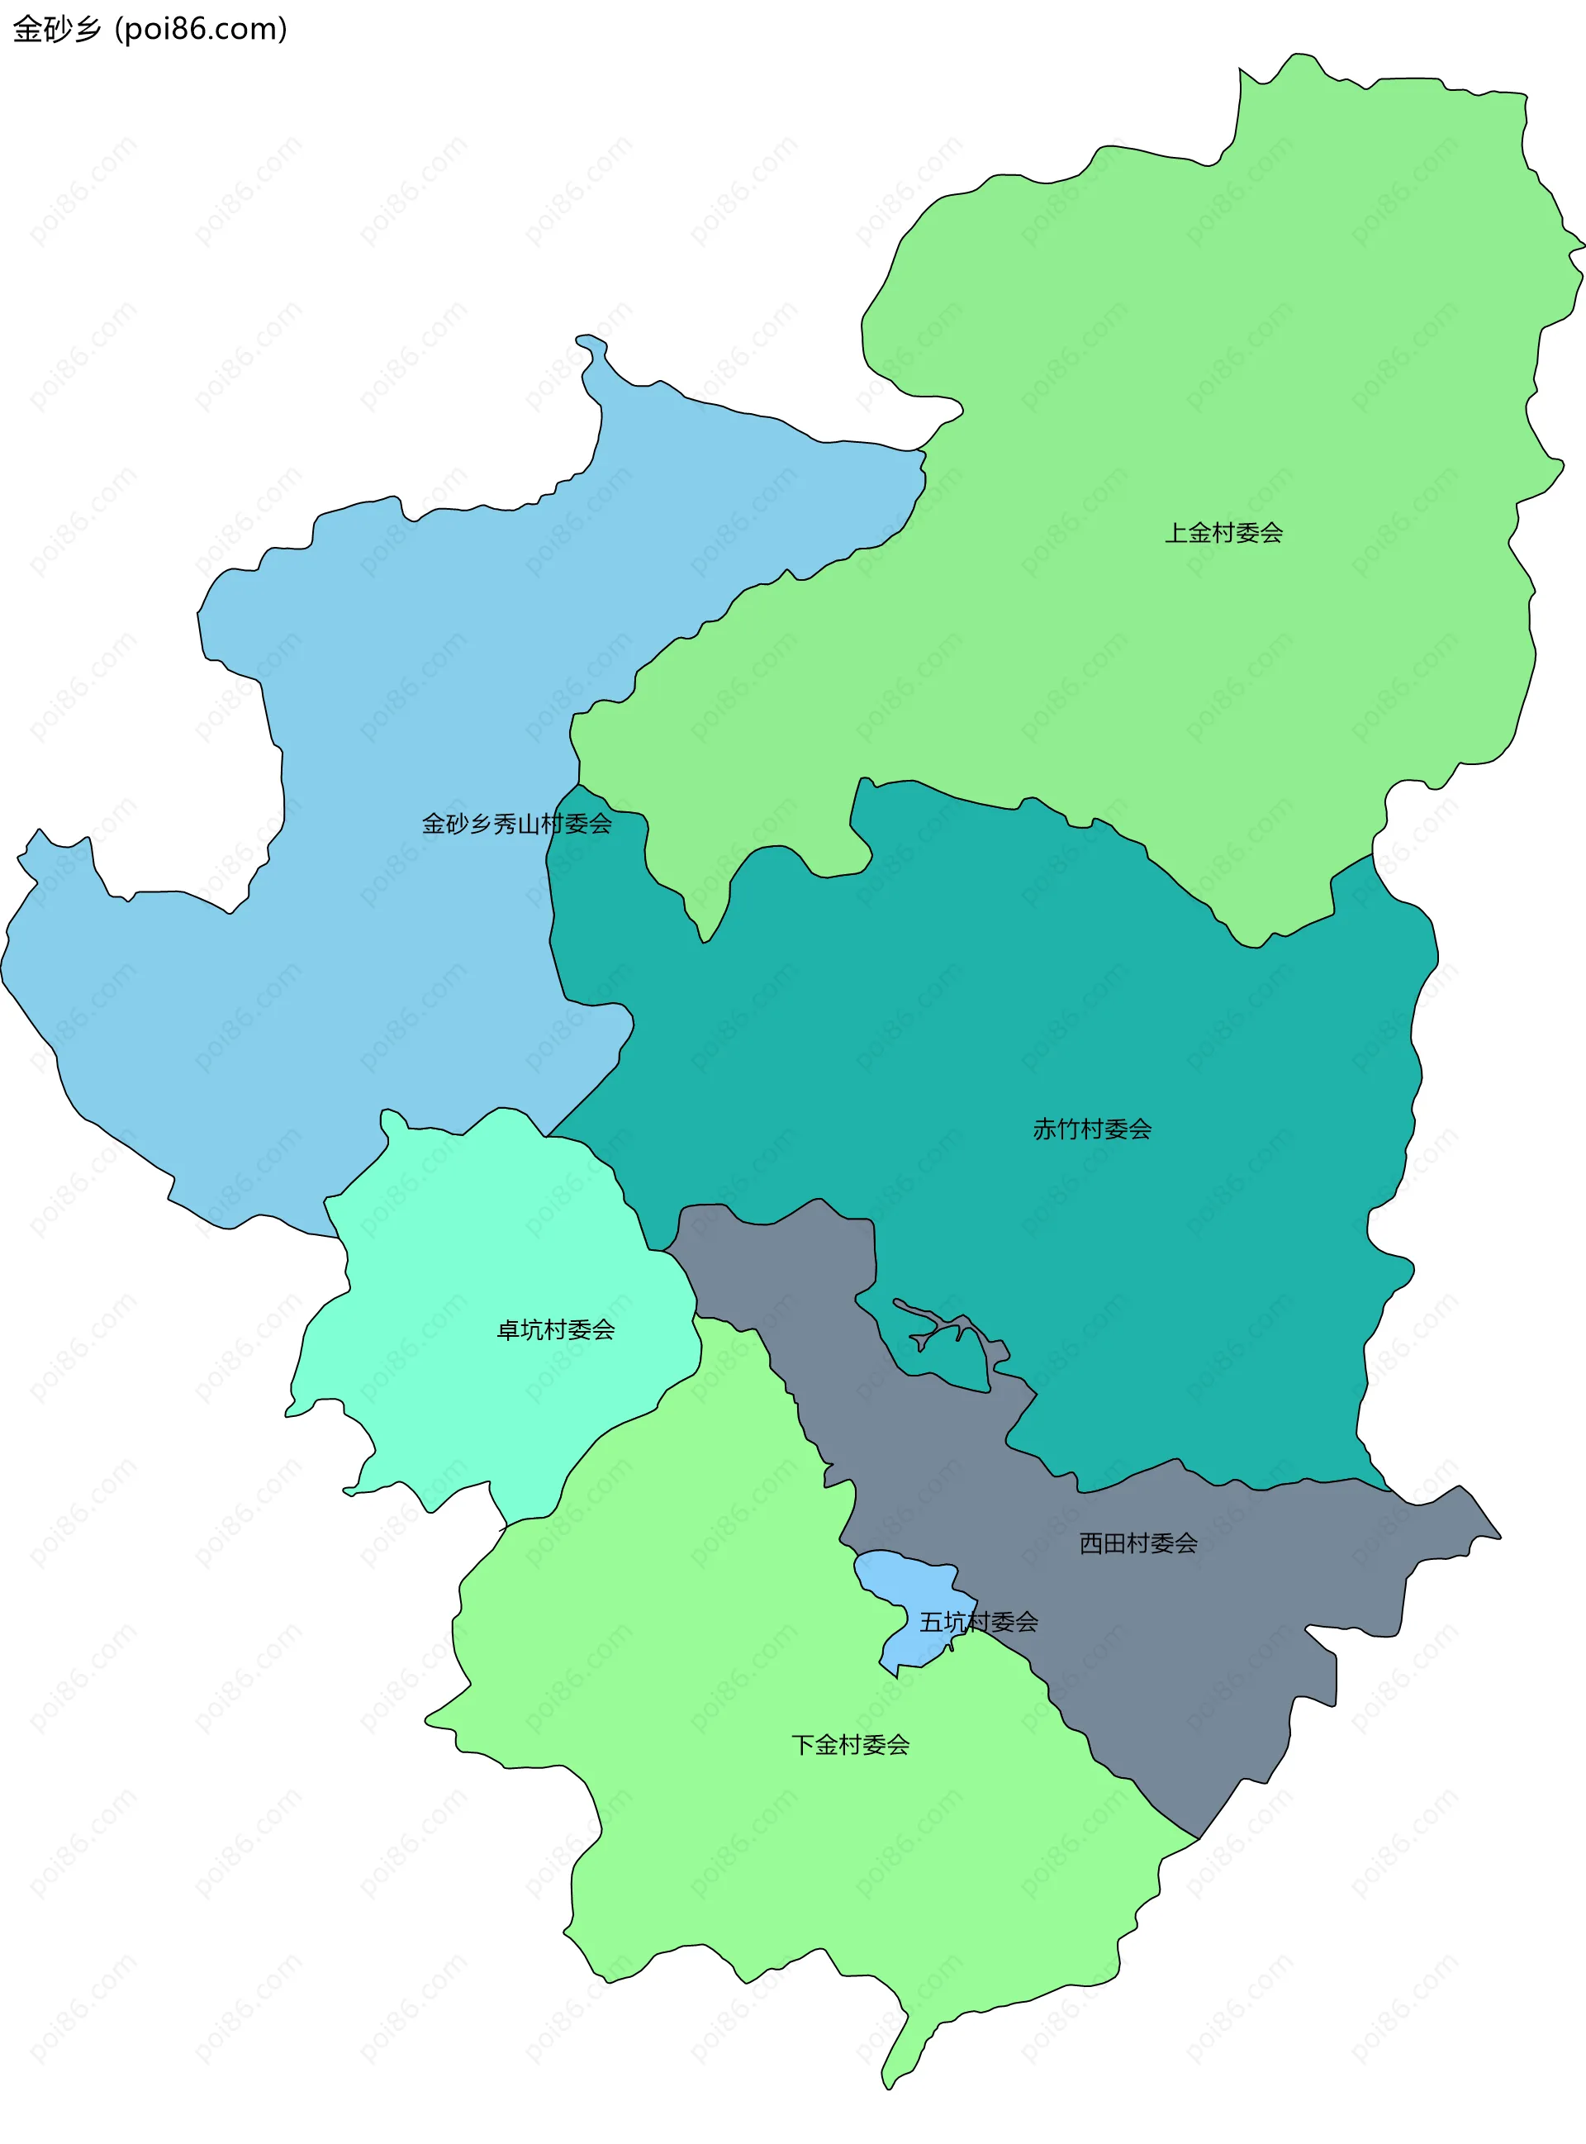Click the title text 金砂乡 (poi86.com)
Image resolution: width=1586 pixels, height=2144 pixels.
tap(150, 29)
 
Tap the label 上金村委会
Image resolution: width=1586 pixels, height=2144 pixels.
tap(1223, 533)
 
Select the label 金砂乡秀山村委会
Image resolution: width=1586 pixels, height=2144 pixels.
tap(516, 824)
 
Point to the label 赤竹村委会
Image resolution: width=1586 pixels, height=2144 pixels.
tap(1091, 1129)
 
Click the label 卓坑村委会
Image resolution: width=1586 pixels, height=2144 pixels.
tap(555, 1330)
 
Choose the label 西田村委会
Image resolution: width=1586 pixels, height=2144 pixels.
tap(1137, 1543)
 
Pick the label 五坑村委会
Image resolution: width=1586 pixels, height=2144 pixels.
tap(978, 1622)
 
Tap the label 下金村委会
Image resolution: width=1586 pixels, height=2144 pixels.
tap(850, 1745)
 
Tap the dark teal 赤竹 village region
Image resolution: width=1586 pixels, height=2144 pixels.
tap(1056, 1008)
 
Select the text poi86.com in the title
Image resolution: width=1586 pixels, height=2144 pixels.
tap(201, 29)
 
